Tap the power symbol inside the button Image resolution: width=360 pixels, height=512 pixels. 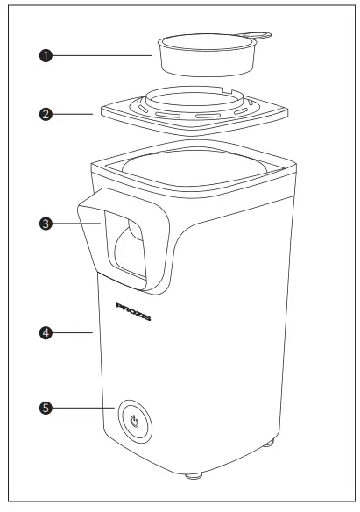pos(135,421)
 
